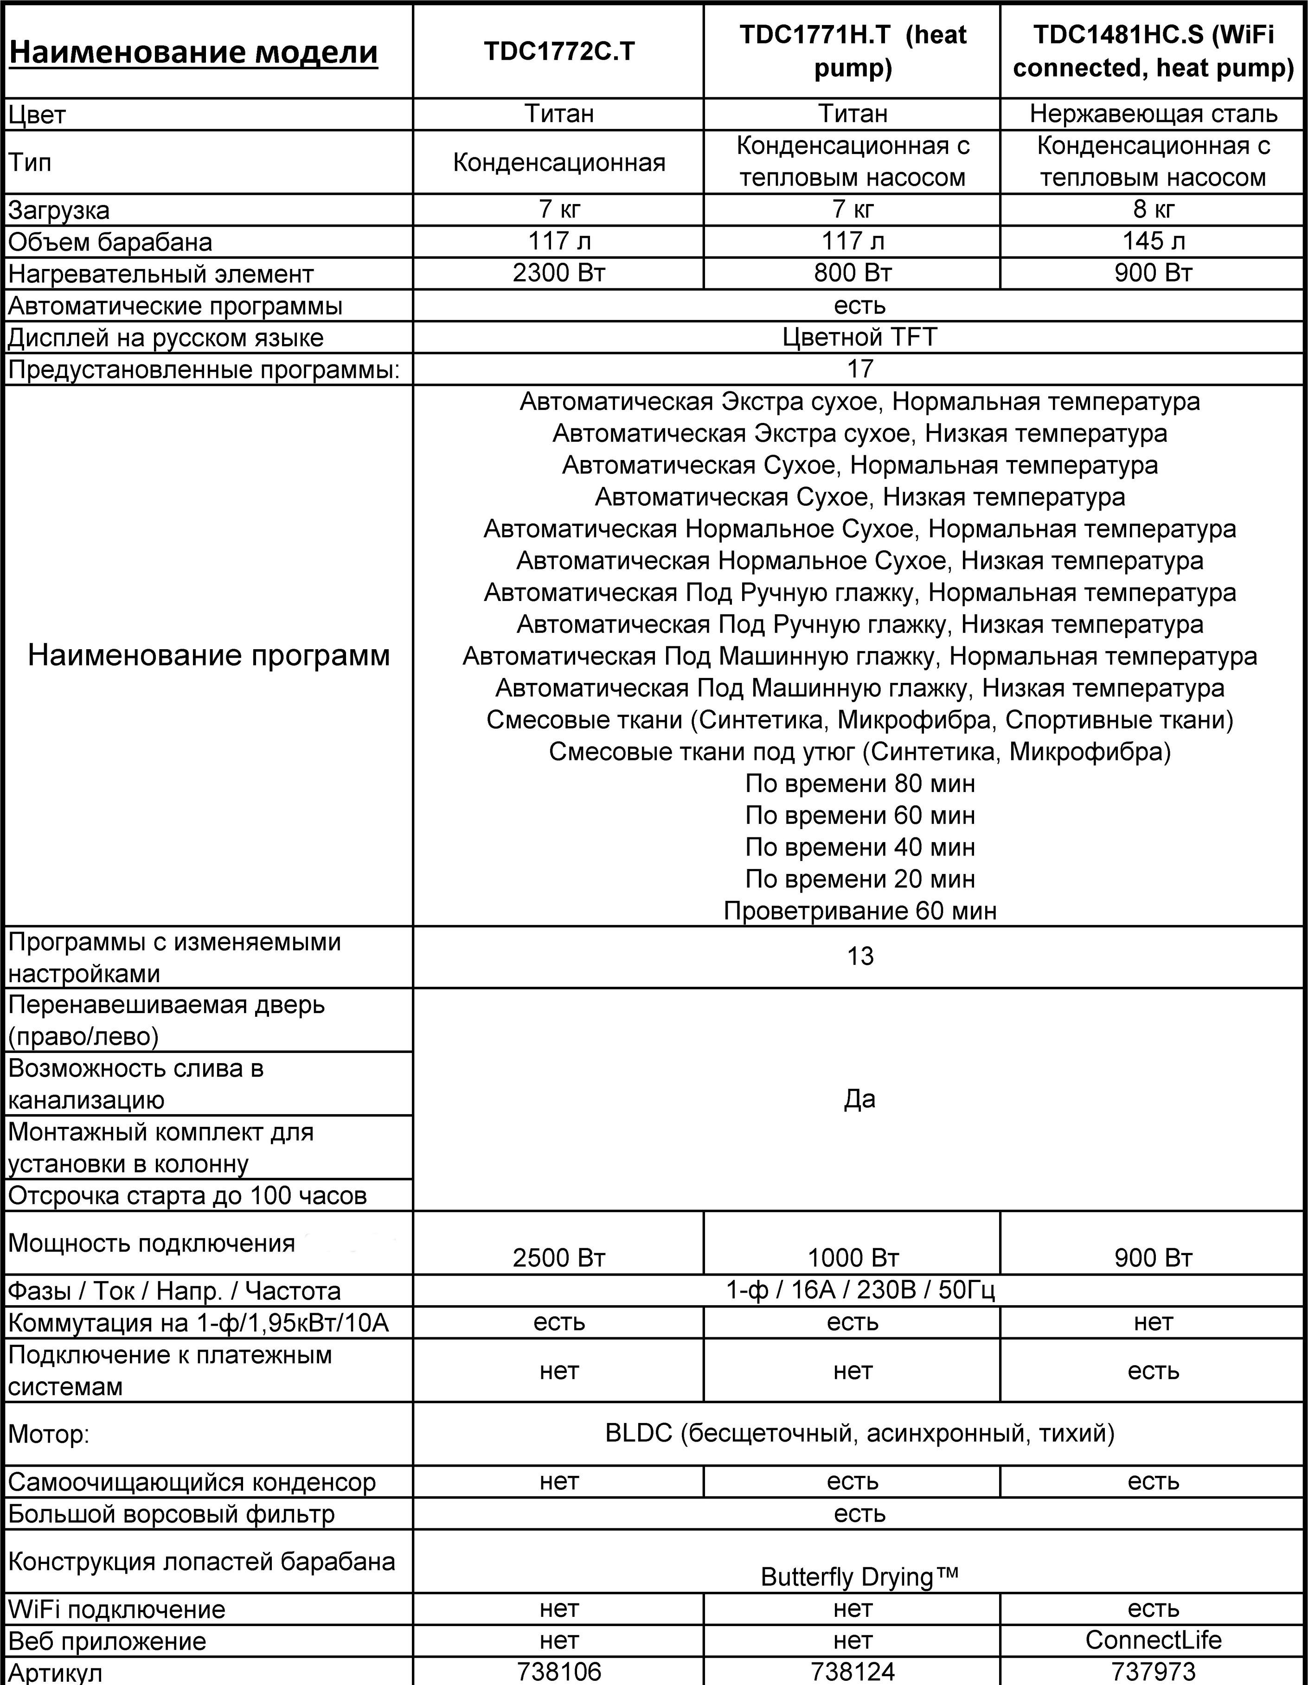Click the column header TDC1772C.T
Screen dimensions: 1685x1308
[559, 51]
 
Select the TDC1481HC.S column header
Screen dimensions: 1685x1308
[1153, 51]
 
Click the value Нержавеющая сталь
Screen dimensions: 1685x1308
[1153, 114]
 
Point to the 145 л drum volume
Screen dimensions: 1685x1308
[1153, 242]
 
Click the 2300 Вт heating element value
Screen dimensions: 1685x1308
[559, 273]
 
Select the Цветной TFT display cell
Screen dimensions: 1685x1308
[859, 337]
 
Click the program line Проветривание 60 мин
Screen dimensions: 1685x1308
[859, 911]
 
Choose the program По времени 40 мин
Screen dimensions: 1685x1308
[859, 847]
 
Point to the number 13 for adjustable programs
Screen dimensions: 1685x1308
[859, 957]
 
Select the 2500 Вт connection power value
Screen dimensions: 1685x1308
[559, 1258]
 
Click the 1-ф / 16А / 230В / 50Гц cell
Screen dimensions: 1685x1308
[859, 1291]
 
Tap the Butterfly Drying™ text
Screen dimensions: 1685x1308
[859, 1576]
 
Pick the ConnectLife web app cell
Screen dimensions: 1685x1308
[1153, 1640]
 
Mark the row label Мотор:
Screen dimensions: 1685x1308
[49, 1435]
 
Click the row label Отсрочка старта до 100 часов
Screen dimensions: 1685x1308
[187, 1196]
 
